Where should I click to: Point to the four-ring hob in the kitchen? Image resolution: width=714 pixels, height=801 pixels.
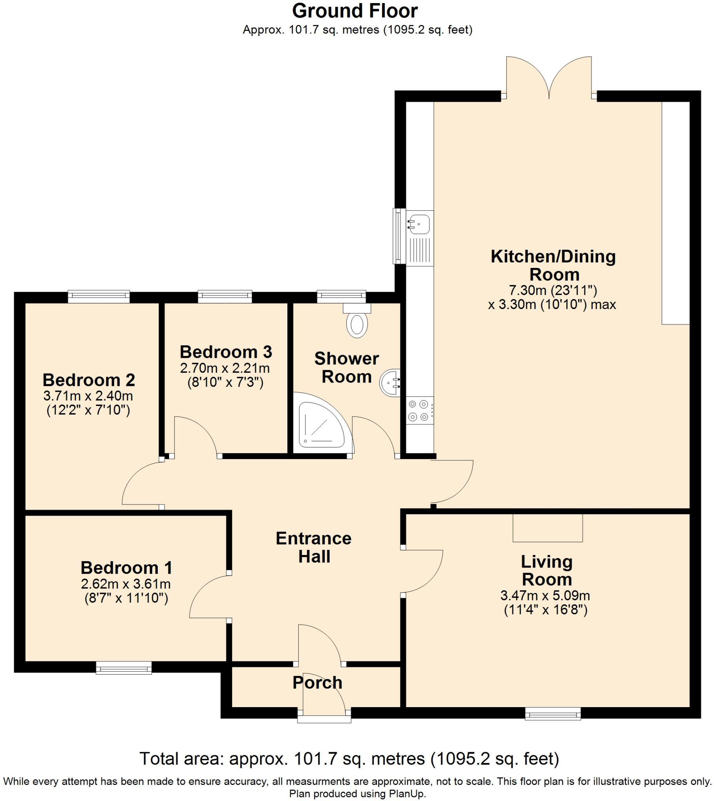coord(419,410)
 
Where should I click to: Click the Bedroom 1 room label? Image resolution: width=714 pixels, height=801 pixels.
coord(126,568)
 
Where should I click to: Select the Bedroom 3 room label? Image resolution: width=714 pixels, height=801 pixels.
coord(225,352)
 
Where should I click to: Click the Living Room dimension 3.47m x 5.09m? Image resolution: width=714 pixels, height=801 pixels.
coord(545,596)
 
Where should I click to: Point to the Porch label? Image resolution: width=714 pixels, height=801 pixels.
coord(317,682)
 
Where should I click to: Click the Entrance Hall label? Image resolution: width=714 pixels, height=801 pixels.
coord(314,547)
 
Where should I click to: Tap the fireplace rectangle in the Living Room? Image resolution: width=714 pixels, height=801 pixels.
coord(548,528)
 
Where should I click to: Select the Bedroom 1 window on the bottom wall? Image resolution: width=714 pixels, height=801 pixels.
coord(124,667)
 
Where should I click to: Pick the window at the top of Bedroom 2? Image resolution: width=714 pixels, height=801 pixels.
coord(99,296)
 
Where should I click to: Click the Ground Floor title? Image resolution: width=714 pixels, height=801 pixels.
coord(355,11)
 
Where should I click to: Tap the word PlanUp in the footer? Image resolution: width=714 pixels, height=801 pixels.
coord(406,794)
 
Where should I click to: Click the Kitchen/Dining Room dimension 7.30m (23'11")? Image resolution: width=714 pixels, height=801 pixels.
coord(553,290)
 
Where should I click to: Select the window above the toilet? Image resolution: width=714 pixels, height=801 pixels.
coord(341,296)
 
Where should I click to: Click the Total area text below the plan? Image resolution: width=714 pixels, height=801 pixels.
coord(349,759)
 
